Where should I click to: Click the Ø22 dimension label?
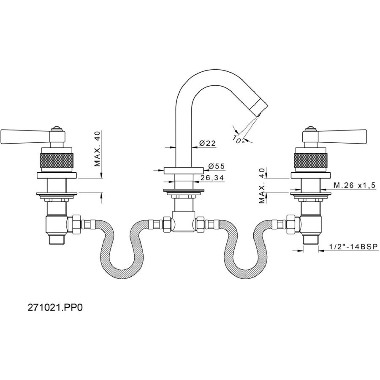[x=207, y=143]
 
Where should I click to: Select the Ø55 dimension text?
[x=217, y=166]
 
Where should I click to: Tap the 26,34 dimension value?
[x=212, y=178]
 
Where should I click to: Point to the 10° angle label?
[x=239, y=139]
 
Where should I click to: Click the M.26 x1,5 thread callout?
[x=355, y=185]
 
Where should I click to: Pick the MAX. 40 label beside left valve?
[x=98, y=148]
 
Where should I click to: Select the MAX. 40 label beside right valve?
[x=262, y=186]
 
